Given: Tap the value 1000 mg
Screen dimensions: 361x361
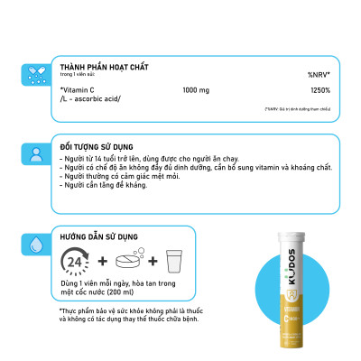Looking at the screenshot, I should [x=197, y=90].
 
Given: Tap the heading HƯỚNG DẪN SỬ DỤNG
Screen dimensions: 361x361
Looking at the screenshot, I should [x=103, y=235].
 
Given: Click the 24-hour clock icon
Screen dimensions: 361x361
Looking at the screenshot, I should [x=75, y=262].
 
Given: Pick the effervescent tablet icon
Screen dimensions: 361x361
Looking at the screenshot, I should [x=130, y=262].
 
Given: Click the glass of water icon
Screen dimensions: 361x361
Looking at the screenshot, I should [x=175, y=261].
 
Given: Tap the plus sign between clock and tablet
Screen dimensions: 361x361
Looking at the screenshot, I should [x=102, y=262].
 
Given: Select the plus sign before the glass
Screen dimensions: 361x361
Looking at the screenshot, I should [x=154, y=262].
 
